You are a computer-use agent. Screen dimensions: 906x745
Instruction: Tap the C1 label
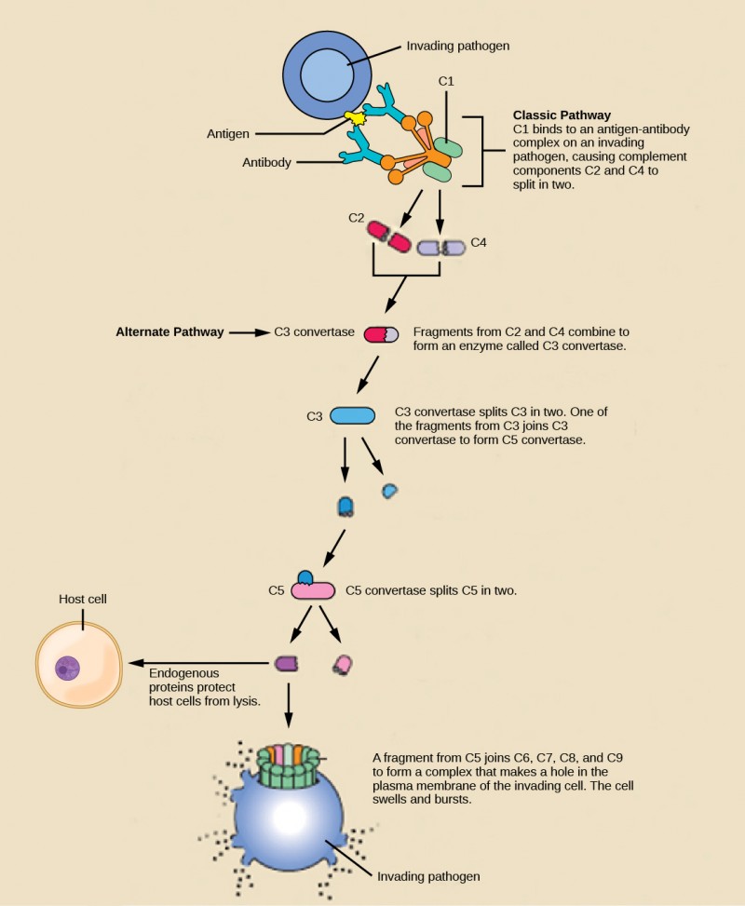[446, 82]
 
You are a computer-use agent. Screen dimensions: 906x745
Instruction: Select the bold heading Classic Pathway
[562, 115]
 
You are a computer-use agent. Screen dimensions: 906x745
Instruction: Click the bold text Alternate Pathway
[169, 331]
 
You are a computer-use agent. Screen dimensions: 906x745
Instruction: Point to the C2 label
[356, 217]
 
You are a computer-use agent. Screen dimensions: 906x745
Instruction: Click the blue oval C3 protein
[353, 415]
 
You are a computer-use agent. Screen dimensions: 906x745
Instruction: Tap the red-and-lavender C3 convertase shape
[381, 333]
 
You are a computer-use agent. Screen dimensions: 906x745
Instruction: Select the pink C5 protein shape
[313, 590]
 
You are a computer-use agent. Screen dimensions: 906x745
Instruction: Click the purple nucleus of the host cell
[67, 667]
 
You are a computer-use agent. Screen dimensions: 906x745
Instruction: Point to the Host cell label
[82, 599]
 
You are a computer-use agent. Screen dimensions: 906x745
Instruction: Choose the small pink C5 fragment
[343, 664]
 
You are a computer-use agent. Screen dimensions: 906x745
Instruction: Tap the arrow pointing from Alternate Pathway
[249, 331]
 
